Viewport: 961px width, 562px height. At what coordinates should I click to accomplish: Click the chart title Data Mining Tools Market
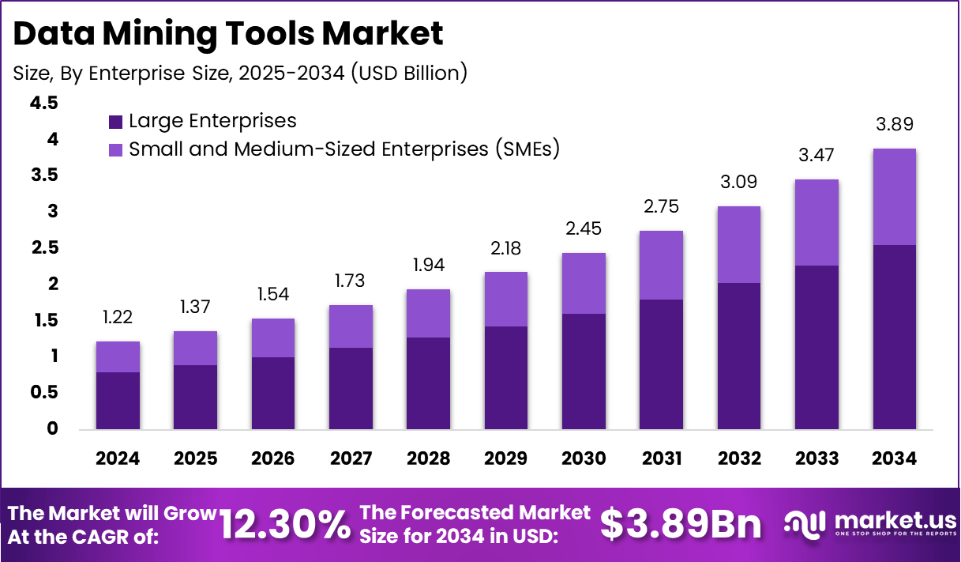tap(229, 35)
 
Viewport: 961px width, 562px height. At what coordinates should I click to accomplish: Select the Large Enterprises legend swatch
tap(115, 122)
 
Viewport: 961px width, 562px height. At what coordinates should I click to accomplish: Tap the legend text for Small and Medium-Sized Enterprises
tap(343, 149)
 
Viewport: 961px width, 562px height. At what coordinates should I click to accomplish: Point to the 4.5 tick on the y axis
tap(44, 103)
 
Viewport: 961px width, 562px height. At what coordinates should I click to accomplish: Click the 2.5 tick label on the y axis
tap(44, 248)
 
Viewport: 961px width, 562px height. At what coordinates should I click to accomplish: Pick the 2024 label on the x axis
tap(118, 459)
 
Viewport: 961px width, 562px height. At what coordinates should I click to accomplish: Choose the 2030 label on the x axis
tap(584, 459)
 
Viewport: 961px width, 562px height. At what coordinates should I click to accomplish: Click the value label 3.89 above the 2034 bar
tap(895, 124)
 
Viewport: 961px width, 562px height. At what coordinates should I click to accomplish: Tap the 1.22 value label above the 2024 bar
tap(118, 317)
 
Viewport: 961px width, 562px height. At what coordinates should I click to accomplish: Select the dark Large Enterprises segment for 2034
tap(895, 338)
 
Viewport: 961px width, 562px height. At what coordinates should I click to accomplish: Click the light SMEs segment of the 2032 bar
tap(739, 244)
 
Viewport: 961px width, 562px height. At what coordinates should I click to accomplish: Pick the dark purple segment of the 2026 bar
tap(273, 394)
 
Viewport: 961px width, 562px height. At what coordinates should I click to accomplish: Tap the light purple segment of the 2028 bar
tap(429, 313)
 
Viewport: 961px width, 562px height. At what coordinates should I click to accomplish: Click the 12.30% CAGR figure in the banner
tap(284, 524)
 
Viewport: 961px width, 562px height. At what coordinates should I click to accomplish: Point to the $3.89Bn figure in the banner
tap(681, 524)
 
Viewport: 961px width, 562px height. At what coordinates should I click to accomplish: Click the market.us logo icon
tap(805, 524)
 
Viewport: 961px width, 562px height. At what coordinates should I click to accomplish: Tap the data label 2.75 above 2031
tap(662, 206)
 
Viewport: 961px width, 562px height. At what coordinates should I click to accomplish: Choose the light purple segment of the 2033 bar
tap(816, 222)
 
